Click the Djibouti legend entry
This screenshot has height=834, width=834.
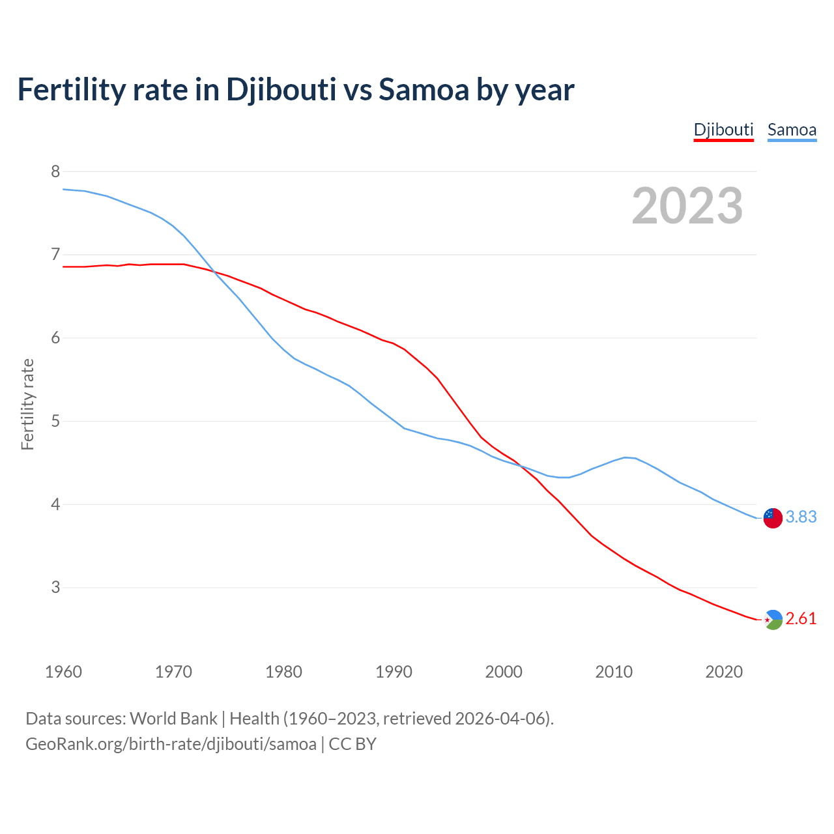tap(723, 130)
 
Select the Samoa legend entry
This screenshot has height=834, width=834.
tap(792, 130)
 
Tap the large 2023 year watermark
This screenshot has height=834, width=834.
tap(687, 206)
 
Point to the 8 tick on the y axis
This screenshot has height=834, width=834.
tap(55, 171)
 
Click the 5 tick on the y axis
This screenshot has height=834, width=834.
tap(55, 421)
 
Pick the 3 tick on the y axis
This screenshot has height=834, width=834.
tap(55, 587)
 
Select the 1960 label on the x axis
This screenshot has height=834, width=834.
tap(63, 672)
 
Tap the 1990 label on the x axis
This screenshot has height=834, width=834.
tap(394, 672)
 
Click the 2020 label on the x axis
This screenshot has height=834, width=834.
tap(724, 672)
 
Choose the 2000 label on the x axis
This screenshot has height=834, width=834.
tap(504, 672)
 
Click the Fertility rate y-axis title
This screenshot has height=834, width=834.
tap(27, 404)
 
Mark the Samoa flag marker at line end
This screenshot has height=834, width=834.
tap(773, 518)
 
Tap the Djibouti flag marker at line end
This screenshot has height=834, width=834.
tap(773, 620)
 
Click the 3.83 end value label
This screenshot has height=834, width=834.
tap(801, 517)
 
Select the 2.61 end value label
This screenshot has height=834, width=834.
tap(801, 618)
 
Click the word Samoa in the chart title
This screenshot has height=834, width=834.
tap(424, 90)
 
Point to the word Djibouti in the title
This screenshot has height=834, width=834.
tap(281, 90)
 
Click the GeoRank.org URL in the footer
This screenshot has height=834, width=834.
tap(171, 743)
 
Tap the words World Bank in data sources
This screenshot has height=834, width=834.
tap(173, 718)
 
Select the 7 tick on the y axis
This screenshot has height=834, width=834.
tap(55, 254)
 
